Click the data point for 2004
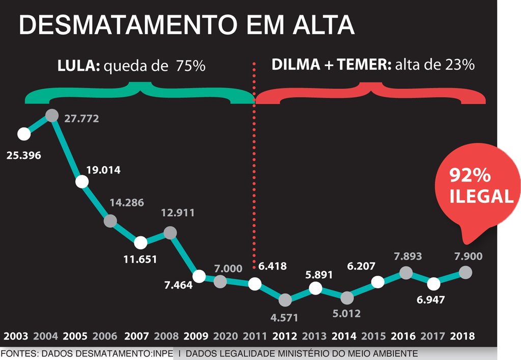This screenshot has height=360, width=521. [x=52, y=115]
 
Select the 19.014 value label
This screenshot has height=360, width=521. [x=103, y=170]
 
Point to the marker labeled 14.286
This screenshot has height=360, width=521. [x=110, y=221]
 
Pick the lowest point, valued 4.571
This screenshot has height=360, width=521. [x=285, y=300]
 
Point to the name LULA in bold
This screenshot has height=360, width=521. [x=77, y=66]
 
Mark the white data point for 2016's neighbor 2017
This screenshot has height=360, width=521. [x=433, y=284]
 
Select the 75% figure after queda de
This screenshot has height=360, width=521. [x=191, y=66]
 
